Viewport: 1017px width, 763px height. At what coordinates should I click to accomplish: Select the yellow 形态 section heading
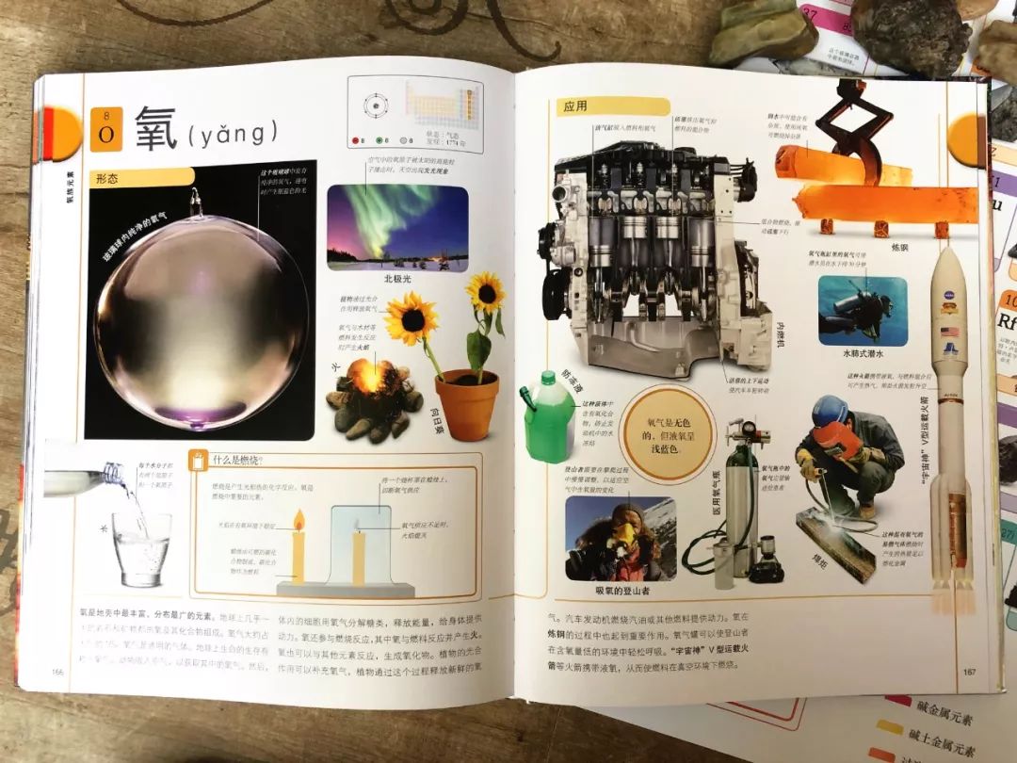106,178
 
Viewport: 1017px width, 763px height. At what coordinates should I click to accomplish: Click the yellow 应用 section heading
575,107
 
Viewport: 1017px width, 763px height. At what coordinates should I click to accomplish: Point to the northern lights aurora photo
396,227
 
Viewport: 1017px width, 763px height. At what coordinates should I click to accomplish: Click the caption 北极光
397,280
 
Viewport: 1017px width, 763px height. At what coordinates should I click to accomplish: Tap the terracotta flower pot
467,404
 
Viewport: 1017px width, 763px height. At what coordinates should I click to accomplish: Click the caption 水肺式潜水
866,354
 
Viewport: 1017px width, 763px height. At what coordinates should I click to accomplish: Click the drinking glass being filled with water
141,549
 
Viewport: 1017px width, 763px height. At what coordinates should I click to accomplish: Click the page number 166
58,671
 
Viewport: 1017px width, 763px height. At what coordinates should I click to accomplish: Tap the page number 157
969,671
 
